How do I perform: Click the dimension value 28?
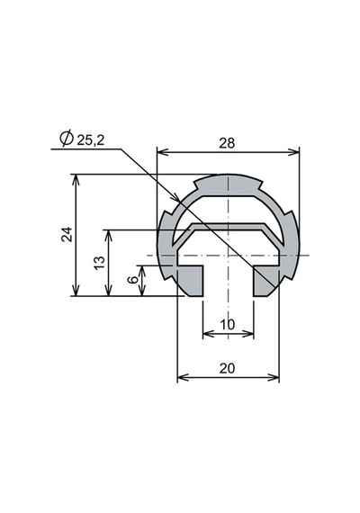[x=227, y=143]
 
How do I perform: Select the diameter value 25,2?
[x=90, y=140]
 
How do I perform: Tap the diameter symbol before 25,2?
[x=67, y=139]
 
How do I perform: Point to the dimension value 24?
[x=67, y=234]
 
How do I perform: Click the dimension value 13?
[x=99, y=263]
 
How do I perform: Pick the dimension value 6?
[x=133, y=279]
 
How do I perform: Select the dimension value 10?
[x=228, y=325]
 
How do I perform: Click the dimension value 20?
[x=227, y=368]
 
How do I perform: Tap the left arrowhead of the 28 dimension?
[x=163, y=152]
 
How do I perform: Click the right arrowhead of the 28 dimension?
[x=293, y=152]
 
